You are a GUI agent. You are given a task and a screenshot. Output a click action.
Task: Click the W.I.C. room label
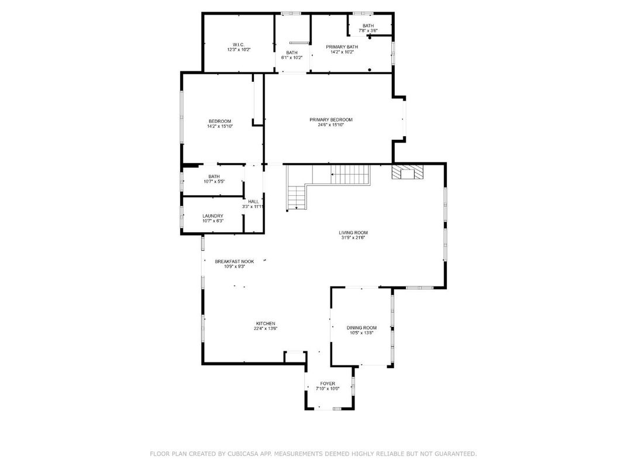click(239, 44)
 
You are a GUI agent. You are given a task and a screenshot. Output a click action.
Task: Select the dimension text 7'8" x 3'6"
click(368, 30)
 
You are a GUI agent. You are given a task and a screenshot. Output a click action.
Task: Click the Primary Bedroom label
click(331, 120)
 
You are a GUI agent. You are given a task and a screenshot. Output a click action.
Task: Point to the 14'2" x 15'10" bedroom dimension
click(220, 126)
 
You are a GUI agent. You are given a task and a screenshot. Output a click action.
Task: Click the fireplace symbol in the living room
click(407, 172)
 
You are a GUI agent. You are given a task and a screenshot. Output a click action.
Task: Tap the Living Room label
click(353, 233)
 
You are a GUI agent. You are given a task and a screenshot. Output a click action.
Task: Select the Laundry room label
click(213, 216)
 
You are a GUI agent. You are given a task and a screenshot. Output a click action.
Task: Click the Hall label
click(253, 202)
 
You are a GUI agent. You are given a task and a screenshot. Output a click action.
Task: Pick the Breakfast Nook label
click(234, 261)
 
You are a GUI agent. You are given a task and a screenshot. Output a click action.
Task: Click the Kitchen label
click(265, 323)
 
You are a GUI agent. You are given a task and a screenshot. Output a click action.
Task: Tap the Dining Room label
click(361, 328)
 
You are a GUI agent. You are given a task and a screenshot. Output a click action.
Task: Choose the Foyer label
click(328, 383)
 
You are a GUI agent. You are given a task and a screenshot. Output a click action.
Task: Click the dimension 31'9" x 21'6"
click(353, 238)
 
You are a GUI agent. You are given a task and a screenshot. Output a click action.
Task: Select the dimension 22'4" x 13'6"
click(265, 329)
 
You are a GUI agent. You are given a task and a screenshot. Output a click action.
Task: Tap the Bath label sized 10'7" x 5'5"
click(214, 177)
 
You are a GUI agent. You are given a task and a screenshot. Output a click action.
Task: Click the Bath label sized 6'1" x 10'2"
click(292, 53)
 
